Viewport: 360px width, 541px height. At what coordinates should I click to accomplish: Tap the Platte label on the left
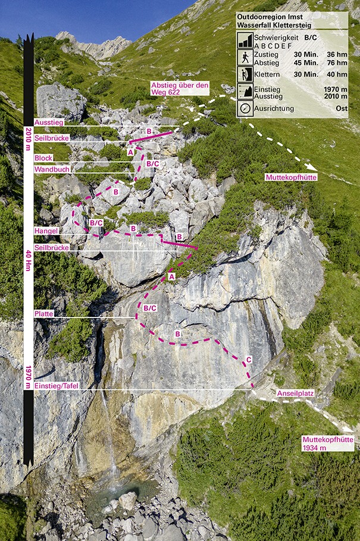pyautogui.click(x=44, y=313)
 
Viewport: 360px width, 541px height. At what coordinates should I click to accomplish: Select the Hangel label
pyautogui.click(x=46, y=231)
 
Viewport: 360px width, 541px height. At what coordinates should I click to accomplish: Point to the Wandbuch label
pyautogui.click(x=52, y=169)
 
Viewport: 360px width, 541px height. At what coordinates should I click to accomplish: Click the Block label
pyautogui.click(x=43, y=158)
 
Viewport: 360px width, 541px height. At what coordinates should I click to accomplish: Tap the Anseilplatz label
pyautogui.click(x=295, y=394)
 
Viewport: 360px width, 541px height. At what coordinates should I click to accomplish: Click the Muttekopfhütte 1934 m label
pyautogui.click(x=327, y=443)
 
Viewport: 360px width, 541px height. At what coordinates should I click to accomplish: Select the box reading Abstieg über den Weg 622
pyautogui.click(x=179, y=89)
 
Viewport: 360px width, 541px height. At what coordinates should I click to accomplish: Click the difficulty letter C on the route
pyautogui.click(x=249, y=360)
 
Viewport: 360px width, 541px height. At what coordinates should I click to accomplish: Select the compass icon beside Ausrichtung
pyautogui.click(x=245, y=109)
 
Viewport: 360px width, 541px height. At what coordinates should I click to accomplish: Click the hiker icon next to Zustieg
pyautogui.click(x=245, y=57)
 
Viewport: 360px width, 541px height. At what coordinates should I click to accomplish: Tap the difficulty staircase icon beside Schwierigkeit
pyautogui.click(x=245, y=40)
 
